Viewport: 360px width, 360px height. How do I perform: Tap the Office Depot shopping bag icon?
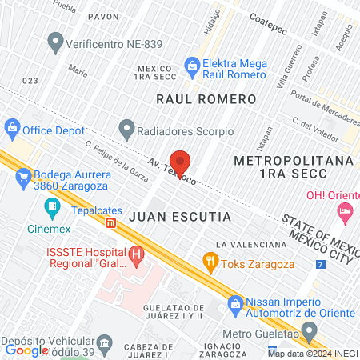[12, 128]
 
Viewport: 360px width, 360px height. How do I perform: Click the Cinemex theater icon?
[52, 208]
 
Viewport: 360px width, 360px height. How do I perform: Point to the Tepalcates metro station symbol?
[111, 222]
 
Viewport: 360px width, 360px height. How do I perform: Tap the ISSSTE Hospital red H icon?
[138, 257]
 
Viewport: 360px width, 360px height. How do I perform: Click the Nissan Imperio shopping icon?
[236, 303]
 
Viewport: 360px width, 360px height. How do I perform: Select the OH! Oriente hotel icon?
[345, 212]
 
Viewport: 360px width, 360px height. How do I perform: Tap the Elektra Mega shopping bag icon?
[192, 63]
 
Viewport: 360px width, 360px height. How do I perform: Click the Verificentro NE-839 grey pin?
[56, 39]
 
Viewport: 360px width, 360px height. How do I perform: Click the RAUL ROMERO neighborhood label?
[206, 99]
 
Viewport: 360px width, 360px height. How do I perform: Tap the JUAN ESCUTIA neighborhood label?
[179, 217]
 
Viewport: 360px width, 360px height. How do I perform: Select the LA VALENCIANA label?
[251, 244]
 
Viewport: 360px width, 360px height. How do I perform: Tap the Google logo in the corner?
[26, 350]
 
